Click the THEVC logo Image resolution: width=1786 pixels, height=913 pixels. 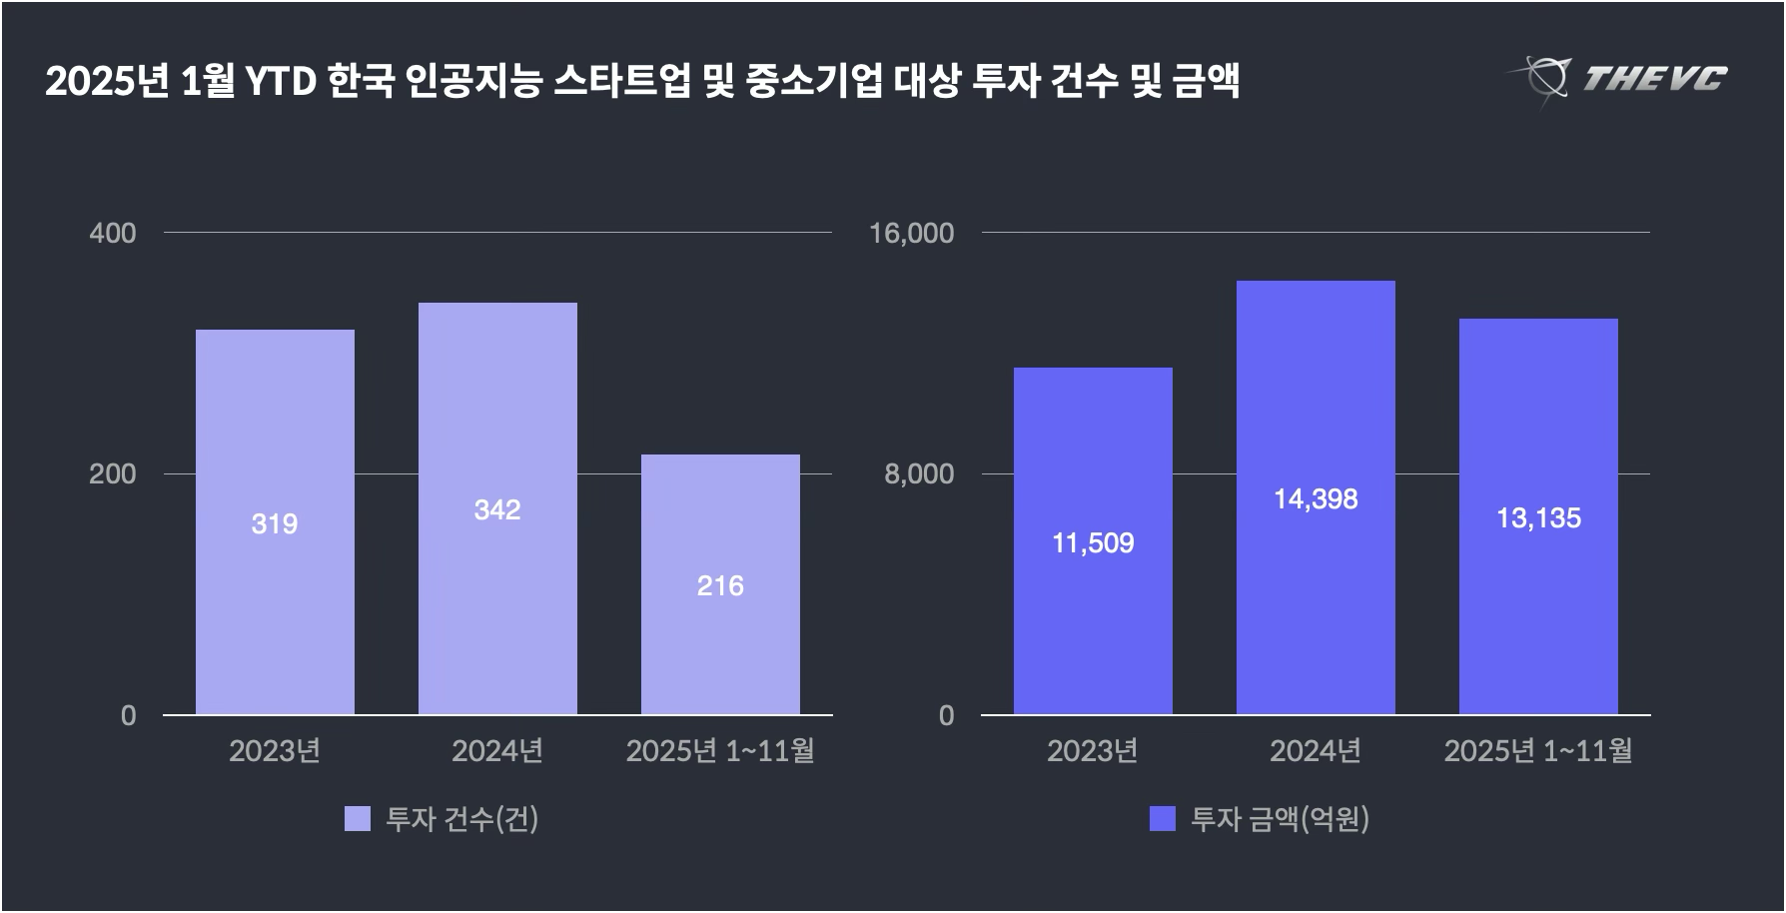click(1618, 78)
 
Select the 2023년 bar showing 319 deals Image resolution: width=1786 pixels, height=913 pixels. click(275, 521)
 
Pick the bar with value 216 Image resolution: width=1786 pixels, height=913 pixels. click(720, 584)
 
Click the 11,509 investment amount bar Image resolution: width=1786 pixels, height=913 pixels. click(1093, 541)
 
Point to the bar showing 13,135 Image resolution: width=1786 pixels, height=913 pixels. click(1538, 516)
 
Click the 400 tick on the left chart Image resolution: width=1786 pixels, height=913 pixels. click(113, 233)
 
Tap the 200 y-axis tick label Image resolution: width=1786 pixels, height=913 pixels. click(113, 473)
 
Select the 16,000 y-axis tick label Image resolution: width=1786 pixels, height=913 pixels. click(912, 233)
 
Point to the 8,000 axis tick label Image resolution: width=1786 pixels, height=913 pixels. click(919, 473)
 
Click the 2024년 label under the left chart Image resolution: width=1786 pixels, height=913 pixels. click(497, 750)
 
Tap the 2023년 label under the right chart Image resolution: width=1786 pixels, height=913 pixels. click(1093, 750)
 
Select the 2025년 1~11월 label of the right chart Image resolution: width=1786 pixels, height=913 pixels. click(1538, 750)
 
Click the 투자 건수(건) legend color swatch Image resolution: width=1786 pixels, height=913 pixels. click(357, 819)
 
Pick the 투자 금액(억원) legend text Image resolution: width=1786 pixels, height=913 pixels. click(1280, 819)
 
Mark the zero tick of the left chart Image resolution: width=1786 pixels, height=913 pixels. click(128, 715)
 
